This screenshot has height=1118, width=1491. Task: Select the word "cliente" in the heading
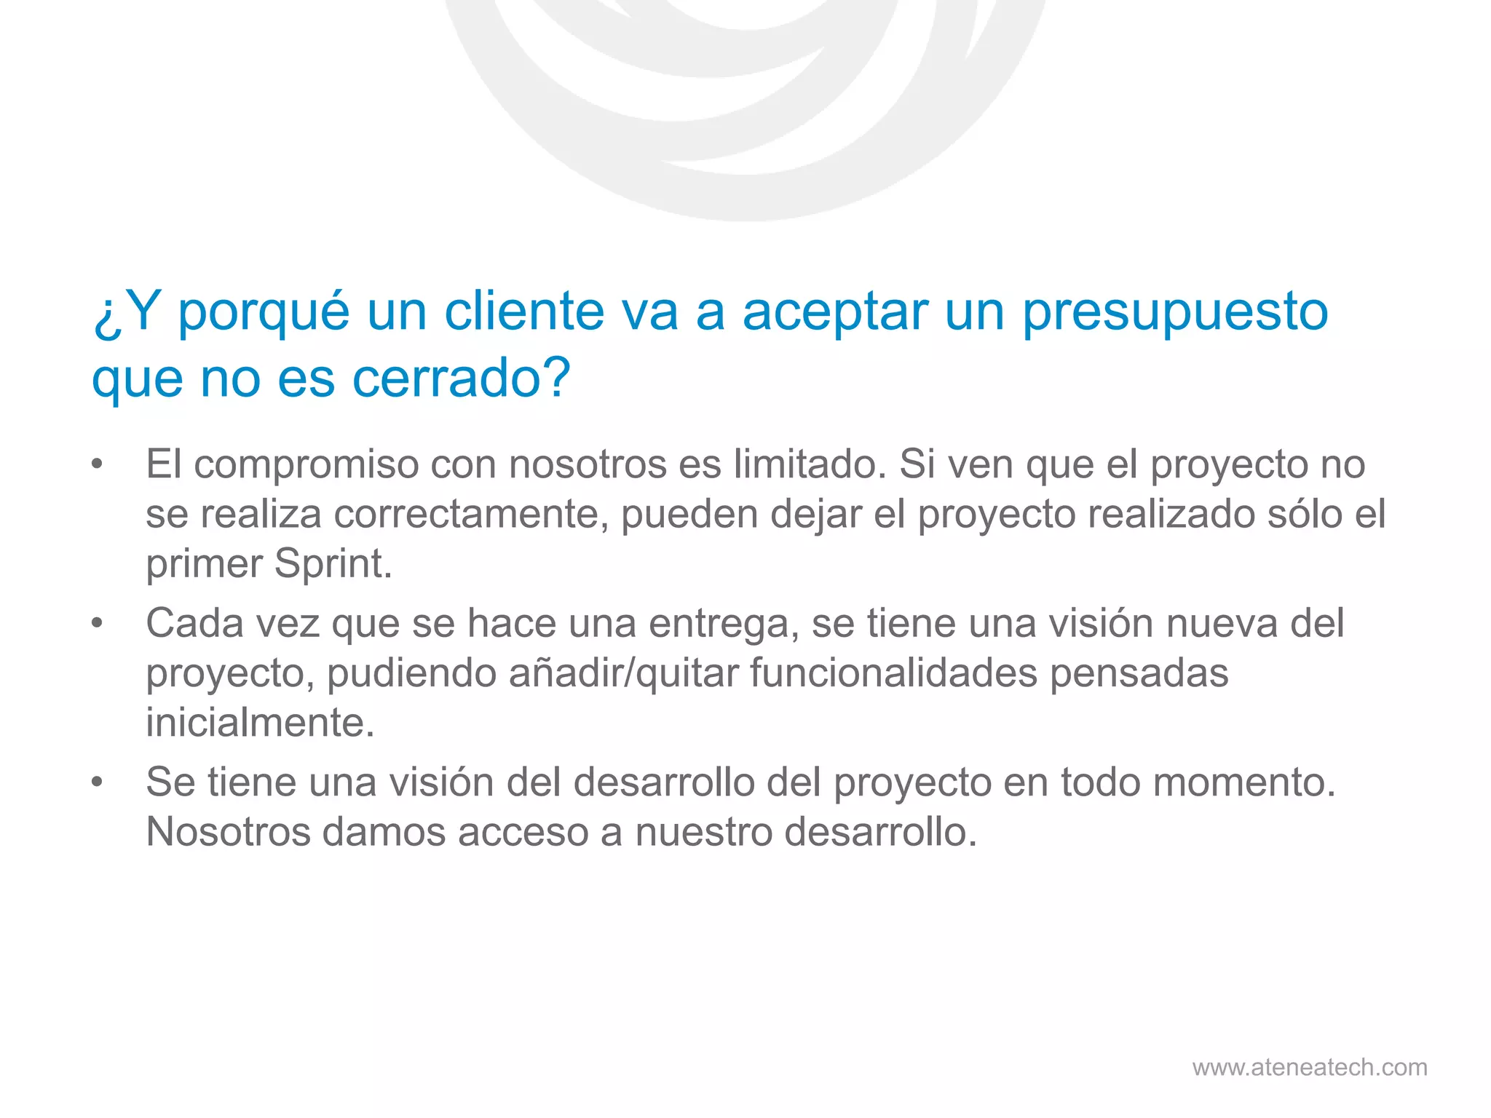[524, 312]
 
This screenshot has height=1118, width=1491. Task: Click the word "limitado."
[810, 464]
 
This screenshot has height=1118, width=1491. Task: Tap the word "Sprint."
[333, 564]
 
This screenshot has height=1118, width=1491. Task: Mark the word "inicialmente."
[260, 723]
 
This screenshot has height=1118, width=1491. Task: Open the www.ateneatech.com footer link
[1309, 1067]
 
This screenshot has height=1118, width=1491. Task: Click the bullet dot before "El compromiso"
[97, 464]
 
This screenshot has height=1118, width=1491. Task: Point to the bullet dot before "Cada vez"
[97, 624]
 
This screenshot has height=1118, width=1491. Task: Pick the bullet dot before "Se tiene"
[97, 782]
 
